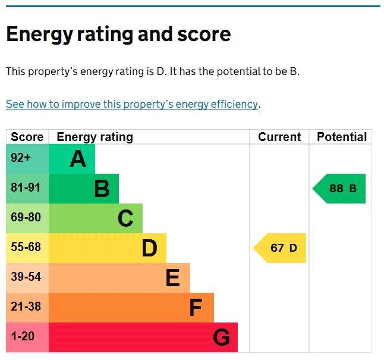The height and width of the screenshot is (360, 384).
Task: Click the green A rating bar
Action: pos(72,159)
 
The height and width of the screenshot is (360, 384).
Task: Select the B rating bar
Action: pos(84,189)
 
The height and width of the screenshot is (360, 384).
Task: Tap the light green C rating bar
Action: pos(96,218)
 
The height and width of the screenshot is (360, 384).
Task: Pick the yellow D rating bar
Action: pos(108,248)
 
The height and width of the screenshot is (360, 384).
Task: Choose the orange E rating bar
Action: pos(119,278)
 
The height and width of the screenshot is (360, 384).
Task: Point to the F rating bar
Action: pos(131,308)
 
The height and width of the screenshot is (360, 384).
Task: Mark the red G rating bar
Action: pos(143,337)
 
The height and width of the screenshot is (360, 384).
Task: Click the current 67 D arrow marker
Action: pos(281,248)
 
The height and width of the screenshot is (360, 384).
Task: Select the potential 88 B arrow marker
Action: pos(340,189)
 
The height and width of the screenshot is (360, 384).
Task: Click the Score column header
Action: pos(27,137)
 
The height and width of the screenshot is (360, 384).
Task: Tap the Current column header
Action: pos(279,137)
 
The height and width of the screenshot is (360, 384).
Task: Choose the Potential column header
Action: pos(342,137)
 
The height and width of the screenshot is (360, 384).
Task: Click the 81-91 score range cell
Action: pos(26,188)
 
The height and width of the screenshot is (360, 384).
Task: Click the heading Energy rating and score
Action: pos(118,35)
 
